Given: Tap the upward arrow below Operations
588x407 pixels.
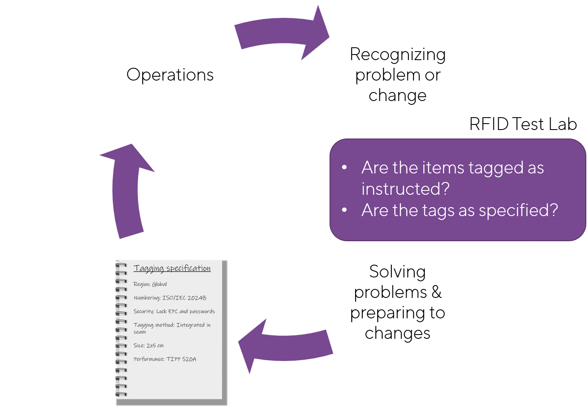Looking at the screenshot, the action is (127, 192).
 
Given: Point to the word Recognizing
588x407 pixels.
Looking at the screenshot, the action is (398, 55).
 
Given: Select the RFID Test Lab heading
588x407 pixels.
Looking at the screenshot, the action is (523, 124).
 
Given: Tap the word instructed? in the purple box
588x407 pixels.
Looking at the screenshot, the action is (406, 189).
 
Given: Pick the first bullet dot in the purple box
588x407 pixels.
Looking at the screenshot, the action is (344, 167).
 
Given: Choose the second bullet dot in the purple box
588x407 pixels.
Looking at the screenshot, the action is (344, 210).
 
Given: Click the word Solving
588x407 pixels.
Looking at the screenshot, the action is (397, 272).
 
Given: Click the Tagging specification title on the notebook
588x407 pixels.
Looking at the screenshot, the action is (172, 268).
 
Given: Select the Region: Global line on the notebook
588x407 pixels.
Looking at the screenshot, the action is (150, 284).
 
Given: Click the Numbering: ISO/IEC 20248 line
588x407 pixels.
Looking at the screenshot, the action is (170, 298).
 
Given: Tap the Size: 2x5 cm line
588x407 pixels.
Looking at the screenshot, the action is (149, 346).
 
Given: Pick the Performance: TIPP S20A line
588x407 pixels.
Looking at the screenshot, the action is (165, 359).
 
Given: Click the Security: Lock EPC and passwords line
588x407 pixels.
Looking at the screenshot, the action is (174, 312).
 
